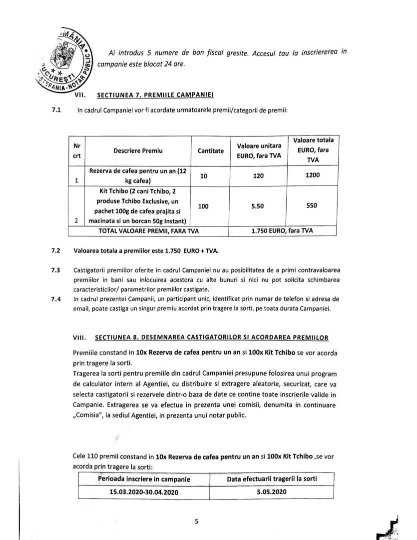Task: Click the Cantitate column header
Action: click(x=210, y=150)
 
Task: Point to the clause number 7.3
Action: click(x=55, y=270)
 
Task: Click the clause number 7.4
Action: click(x=55, y=299)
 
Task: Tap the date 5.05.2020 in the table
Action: click(x=273, y=491)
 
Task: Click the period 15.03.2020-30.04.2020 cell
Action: click(x=144, y=491)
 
